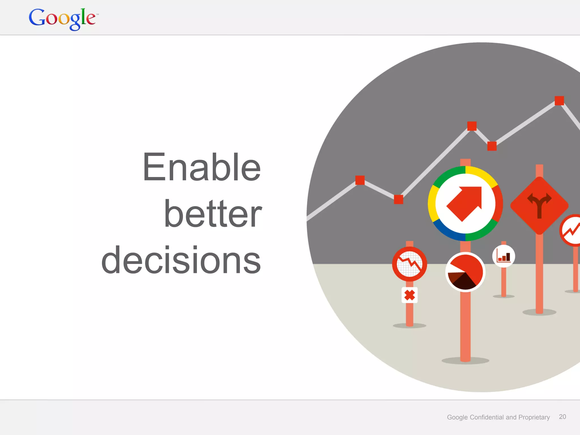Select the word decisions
coord(181,260)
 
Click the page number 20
coord(562,417)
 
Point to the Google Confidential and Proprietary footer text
coord(498,417)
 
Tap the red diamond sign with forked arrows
coord(539,205)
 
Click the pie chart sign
coord(465,272)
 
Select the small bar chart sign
coord(504,256)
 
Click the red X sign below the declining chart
coord(410,295)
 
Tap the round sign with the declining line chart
coord(410,264)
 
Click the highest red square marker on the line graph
coord(559,101)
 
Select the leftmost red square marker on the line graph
coord(360,180)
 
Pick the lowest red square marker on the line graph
coord(398,199)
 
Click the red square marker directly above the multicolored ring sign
coord(472,126)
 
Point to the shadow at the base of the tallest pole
coord(465,361)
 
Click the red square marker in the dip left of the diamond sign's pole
coord(492,146)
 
